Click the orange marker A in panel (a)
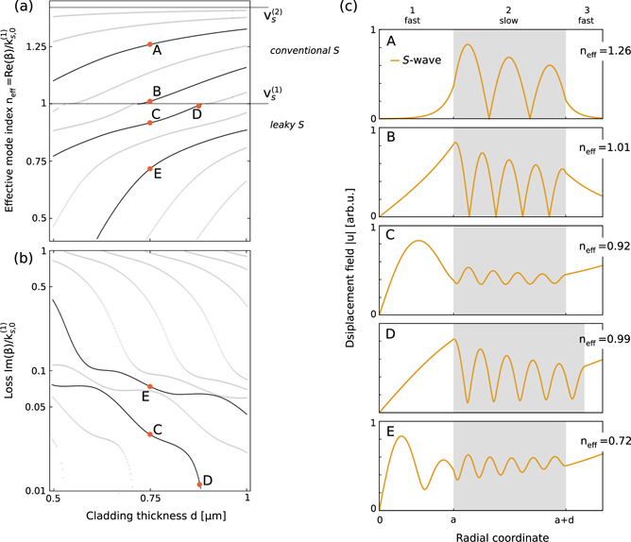coord(149,44)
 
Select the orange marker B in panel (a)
coord(149,101)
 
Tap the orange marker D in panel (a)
coord(198,106)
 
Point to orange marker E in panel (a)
coord(149,169)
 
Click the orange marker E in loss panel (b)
coord(149,387)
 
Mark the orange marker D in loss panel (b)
coord(199,484)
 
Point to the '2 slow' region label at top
coord(508,13)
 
